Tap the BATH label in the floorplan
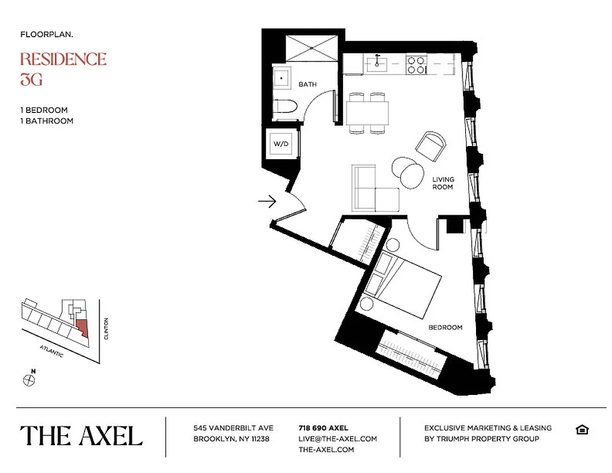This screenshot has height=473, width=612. tap(307, 85)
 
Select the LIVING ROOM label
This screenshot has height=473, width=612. tap(442, 183)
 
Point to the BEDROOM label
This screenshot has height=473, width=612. tap(446, 327)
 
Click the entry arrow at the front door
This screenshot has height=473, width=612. tap(267, 202)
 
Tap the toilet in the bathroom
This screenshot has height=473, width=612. tap(285, 109)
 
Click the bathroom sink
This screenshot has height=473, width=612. tap(282, 78)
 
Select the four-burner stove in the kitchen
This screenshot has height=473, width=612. tap(416, 64)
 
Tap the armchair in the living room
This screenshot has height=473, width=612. tap(430, 145)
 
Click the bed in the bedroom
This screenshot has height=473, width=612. tap(405, 283)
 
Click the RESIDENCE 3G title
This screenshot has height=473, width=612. tap(63, 68)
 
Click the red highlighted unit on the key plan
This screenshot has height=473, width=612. tap(83, 327)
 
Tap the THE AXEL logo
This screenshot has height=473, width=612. tap(82, 436)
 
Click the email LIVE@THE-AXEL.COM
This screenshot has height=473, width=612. tap(338, 439)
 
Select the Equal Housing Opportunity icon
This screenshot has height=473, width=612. tap(582, 429)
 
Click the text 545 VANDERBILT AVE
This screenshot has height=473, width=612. tap(233, 428)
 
